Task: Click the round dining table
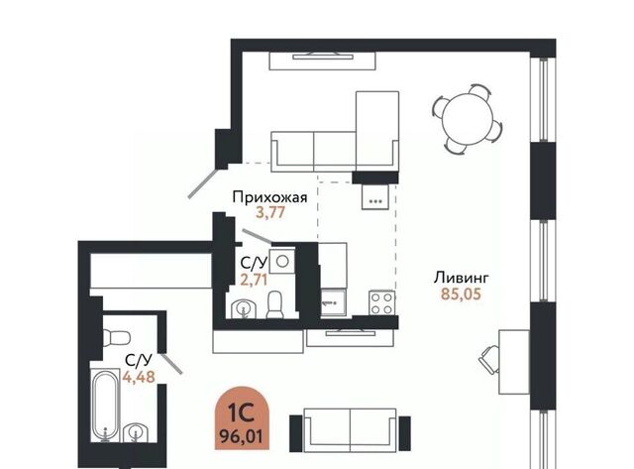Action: tap(468, 120)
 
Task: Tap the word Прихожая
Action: tap(269, 197)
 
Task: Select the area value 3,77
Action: tap(270, 212)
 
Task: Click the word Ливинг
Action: tap(462, 278)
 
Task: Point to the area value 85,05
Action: tap(461, 293)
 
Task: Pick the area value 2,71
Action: tap(254, 280)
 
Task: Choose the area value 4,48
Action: tap(139, 377)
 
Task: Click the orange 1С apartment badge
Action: tap(242, 418)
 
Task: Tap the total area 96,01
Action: tap(242, 436)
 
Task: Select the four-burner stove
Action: tap(381, 303)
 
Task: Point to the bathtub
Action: tap(105, 406)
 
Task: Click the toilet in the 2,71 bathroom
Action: tap(275, 304)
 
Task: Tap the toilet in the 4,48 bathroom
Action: tap(116, 337)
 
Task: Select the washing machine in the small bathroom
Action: tap(281, 262)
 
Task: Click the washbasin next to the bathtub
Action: tap(136, 432)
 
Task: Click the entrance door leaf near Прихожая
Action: tap(205, 183)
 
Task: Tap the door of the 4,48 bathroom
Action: tap(171, 363)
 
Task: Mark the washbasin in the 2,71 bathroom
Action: tap(244, 309)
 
